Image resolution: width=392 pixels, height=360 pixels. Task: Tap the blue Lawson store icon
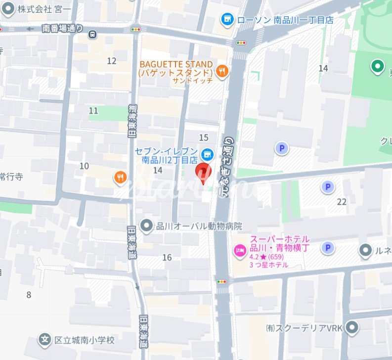coord(227,19)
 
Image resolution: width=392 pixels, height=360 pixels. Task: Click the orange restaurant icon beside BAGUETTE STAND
coord(222,72)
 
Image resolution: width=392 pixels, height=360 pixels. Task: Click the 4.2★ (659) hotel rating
coord(269,257)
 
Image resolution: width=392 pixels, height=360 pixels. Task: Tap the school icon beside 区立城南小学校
coord(45,340)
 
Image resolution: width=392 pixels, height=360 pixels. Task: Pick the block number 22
coord(341,201)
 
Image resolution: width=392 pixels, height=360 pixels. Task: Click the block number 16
coord(167,257)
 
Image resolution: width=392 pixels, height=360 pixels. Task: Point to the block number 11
coord(93,111)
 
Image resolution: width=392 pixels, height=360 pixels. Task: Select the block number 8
coord(29,295)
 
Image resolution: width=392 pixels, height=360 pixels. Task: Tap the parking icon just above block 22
coord(327,187)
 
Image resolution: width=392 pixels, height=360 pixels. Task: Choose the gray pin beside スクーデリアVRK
coord(352,327)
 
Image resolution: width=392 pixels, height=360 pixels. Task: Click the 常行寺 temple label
coord(11,176)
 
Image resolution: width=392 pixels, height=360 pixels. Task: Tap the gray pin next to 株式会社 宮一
coord(7,9)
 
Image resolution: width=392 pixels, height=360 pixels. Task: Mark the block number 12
coord(112,61)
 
